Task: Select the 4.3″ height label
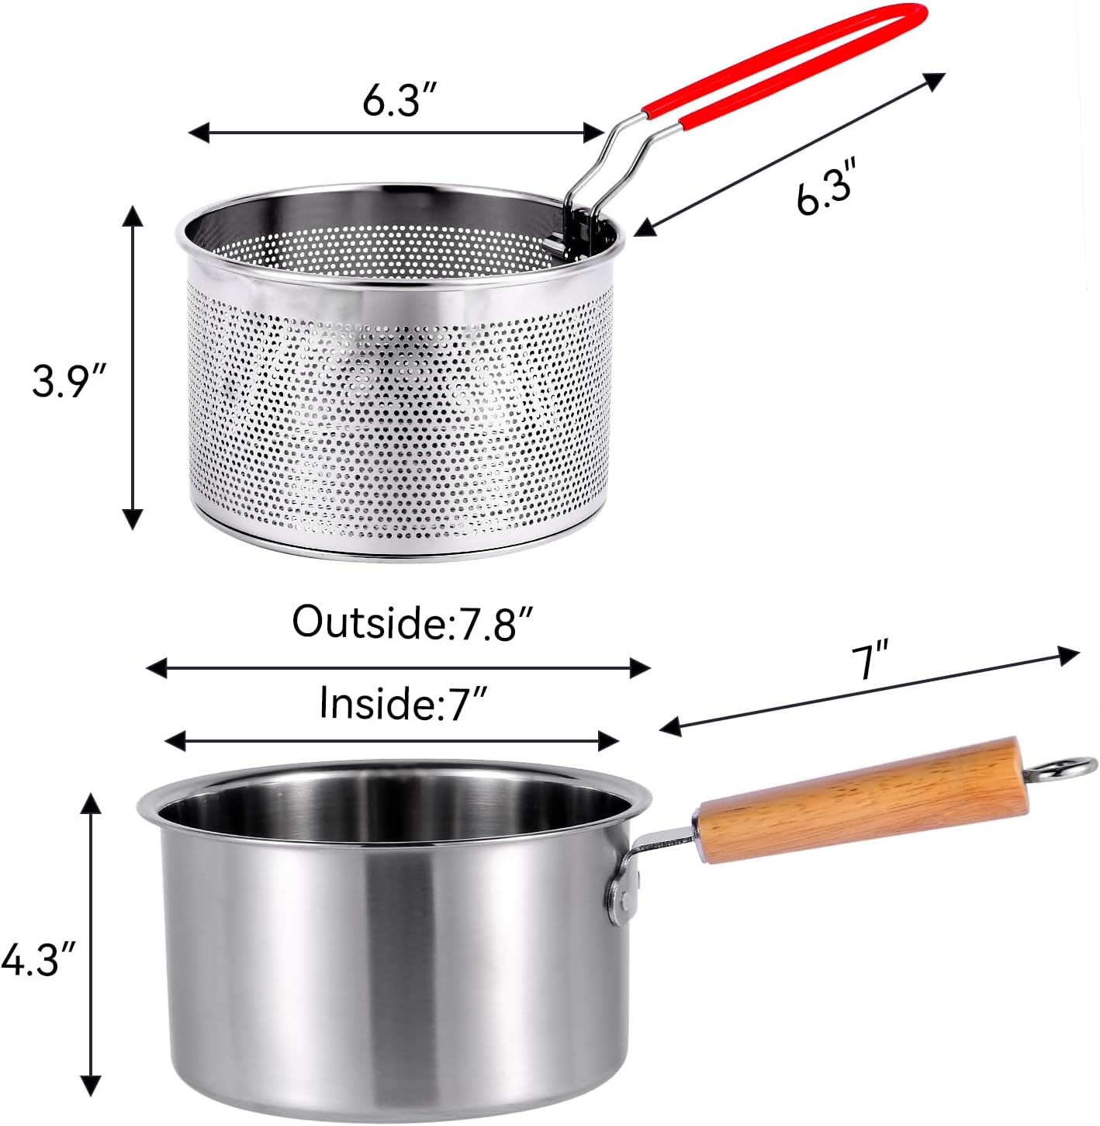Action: [40, 960]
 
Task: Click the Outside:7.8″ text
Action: [413, 622]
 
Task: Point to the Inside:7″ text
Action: [403, 703]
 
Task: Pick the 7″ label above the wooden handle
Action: [870, 660]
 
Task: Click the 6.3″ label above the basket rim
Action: [401, 99]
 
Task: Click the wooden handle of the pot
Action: [861, 800]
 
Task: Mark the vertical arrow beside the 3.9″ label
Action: [133, 367]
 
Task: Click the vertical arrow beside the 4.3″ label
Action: [92, 943]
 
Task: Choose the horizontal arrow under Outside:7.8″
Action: [398, 667]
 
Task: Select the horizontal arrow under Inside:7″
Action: [392, 741]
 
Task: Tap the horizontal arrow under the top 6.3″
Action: [396, 133]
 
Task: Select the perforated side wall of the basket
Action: [396, 411]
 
